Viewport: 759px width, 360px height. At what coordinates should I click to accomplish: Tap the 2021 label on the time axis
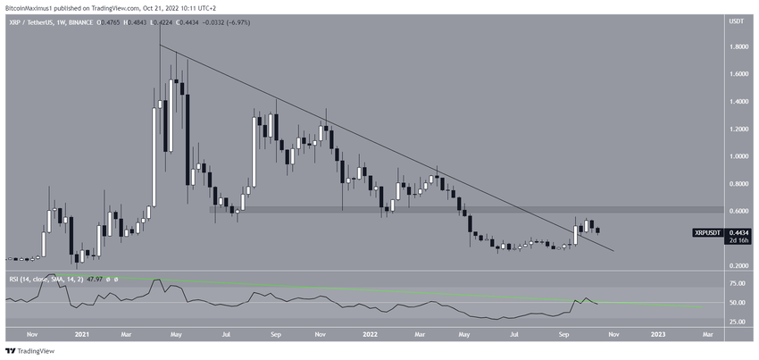[82, 334]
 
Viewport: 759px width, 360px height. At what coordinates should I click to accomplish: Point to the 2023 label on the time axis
[657, 334]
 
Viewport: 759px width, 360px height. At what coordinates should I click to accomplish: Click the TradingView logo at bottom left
[31, 351]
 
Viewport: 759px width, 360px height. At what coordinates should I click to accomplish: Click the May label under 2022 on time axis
[463, 334]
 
